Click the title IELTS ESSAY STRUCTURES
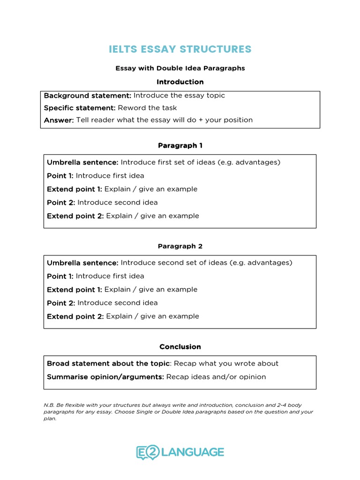tap(180, 49)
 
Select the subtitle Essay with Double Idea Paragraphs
tap(180, 68)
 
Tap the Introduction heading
tap(180, 82)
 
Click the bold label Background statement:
tap(88, 96)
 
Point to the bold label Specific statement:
tap(80, 108)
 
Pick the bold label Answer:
tap(59, 120)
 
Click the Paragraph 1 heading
tap(180, 146)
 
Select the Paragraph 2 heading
tap(180, 246)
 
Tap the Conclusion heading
tap(180, 347)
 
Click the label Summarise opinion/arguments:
tap(105, 377)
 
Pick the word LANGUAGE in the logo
tap(192, 452)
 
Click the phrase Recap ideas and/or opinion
tap(216, 377)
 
